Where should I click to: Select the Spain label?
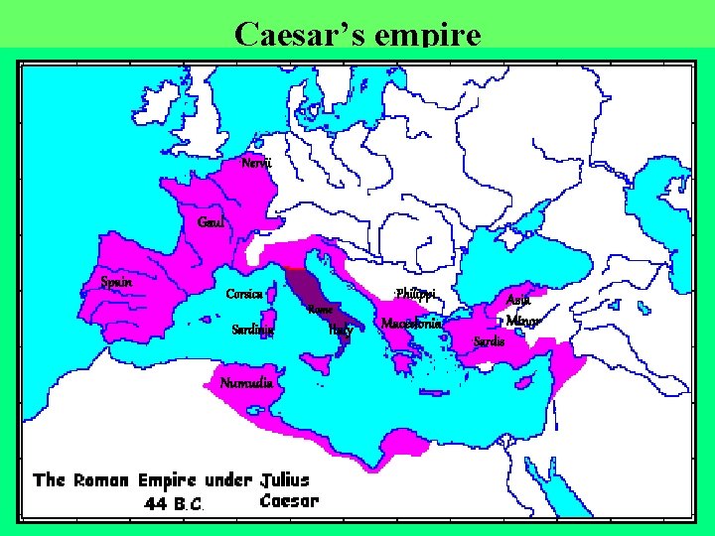(116, 282)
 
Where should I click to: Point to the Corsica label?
(243, 294)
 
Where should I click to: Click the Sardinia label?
(252, 330)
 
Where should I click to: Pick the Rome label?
(320, 311)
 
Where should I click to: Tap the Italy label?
(341, 331)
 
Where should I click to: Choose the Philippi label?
(415, 294)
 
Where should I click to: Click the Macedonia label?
(411, 324)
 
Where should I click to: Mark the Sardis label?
(490, 341)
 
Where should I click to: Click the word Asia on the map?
(518, 300)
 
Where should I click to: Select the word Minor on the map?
(523, 321)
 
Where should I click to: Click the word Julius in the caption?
(285, 480)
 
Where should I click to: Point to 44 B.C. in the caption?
(174, 503)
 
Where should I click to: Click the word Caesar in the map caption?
(289, 501)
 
